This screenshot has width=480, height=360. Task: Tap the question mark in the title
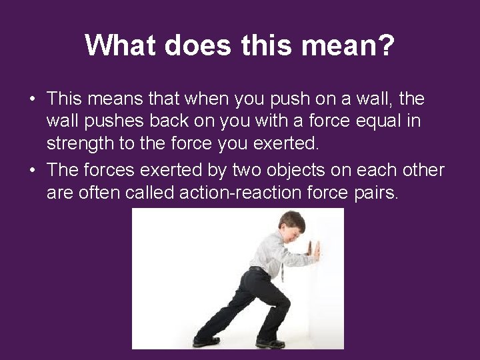(387, 46)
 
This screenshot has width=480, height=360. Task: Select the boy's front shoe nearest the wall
(270, 343)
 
